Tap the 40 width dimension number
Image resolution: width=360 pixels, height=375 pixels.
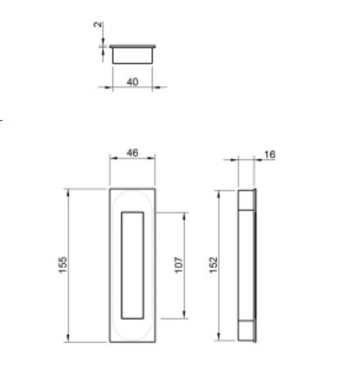pyautogui.click(x=133, y=81)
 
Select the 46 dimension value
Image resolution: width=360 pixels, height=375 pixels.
pyautogui.click(x=132, y=153)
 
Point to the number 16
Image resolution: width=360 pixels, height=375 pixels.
pyautogui.click(x=270, y=155)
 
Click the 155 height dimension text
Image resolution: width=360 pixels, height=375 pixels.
pyautogui.click(x=62, y=266)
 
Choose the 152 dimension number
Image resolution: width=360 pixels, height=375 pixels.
pyautogui.click(x=213, y=265)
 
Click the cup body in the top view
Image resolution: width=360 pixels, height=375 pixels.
pyautogui.click(x=133, y=55)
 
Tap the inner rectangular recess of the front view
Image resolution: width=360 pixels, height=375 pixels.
pyautogui.click(x=132, y=264)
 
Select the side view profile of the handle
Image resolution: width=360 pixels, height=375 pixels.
pyautogui.click(x=247, y=265)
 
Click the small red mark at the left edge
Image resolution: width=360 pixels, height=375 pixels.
pyautogui.click(x=2, y=121)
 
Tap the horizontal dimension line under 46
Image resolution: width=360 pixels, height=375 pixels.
pyautogui.click(x=132, y=160)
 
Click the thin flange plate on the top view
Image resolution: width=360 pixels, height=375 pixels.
pyautogui.click(x=133, y=44)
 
